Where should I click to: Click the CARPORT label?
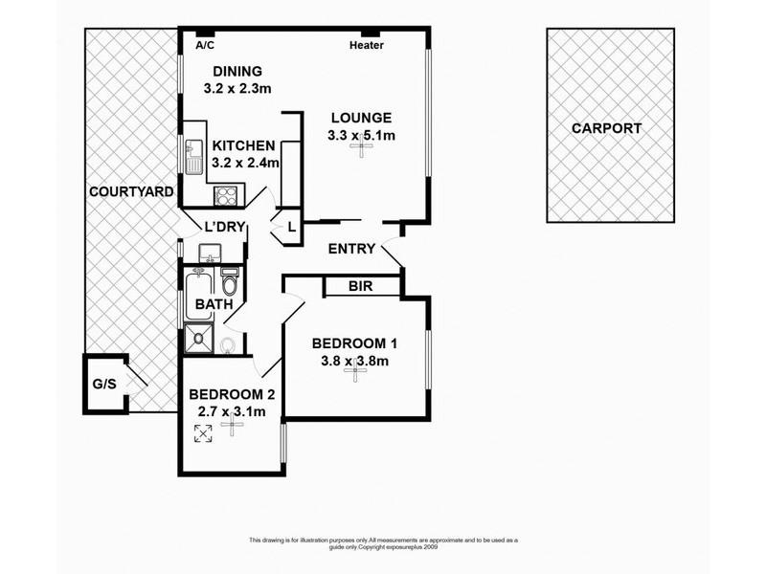[x=606, y=128]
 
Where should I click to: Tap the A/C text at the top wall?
[x=204, y=45]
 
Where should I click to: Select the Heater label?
[x=366, y=45]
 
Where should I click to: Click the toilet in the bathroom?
[x=230, y=285]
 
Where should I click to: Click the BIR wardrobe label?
[x=360, y=286]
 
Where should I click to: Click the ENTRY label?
[x=350, y=249]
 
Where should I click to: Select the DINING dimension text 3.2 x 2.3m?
[x=238, y=88]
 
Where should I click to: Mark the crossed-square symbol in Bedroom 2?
[x=203, y=432]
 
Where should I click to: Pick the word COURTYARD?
[x=131, y=191]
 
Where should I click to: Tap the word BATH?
[x=214, y=305]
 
